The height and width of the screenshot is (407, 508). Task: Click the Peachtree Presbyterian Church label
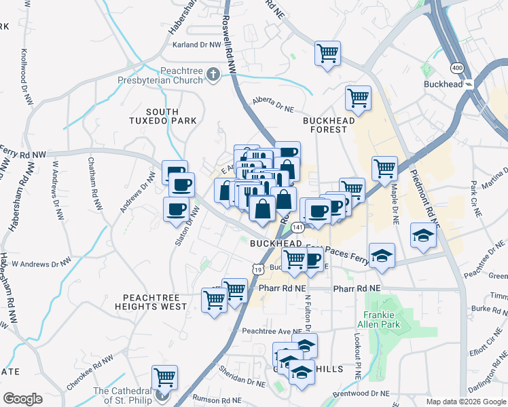(x=182, y=75)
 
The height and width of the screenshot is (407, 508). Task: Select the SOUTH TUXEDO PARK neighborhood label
(x=162, y=116)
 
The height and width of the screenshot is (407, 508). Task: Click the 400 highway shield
(x=456, y=68)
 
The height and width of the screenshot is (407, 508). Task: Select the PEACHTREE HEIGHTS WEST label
(x=155, y=302)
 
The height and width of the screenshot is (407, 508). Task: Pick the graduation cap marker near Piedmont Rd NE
(x=422, y=237)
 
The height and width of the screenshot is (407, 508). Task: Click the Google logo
(x=22, y=399)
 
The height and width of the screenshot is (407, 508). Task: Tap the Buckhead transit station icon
(x=469, y=84)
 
